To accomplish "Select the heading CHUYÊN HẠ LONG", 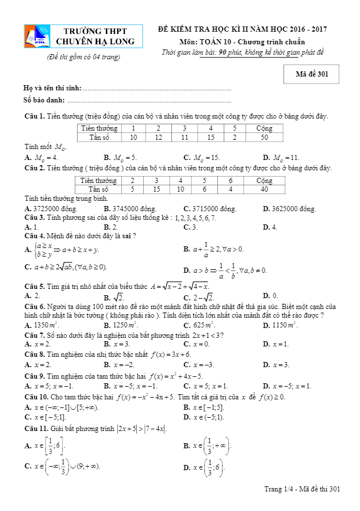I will point(95,41).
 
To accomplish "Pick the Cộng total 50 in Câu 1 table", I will point(264,138).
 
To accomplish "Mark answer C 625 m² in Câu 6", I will point(199,326).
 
